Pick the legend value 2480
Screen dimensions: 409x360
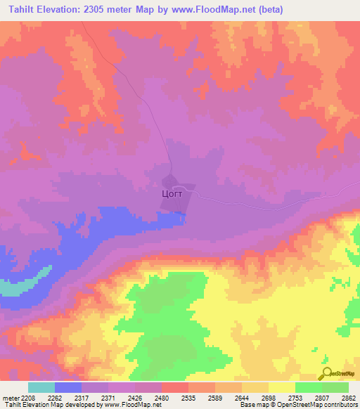click(x=161, y=397)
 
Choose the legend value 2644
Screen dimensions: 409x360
click(x=241, y=397)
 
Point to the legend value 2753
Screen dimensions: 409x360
click(x=295, y=397)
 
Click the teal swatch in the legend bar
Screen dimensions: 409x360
click(x=41, y=387)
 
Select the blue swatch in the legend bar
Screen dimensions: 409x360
click(x=67, y=387)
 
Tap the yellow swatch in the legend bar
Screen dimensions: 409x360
click(x=281, y=387)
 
